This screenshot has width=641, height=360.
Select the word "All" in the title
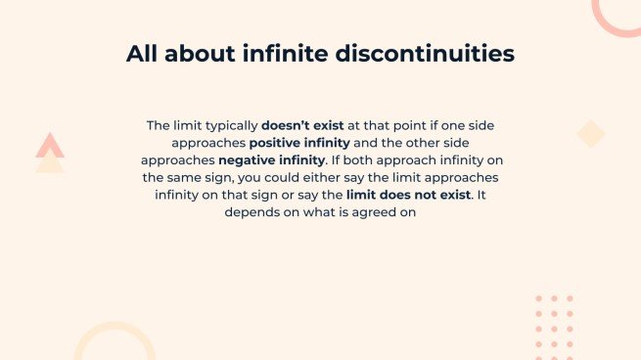pyautogui.click(x=146, y=55)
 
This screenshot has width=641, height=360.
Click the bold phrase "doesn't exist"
pyautogui.click(x=300, y=125)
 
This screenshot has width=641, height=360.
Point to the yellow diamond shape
pyautogui.click(x=591, y=134)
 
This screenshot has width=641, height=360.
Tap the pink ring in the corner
pyautogui.click(x=617, y=12)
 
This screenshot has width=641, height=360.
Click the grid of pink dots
pyautogui.click(x=555, y=328)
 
